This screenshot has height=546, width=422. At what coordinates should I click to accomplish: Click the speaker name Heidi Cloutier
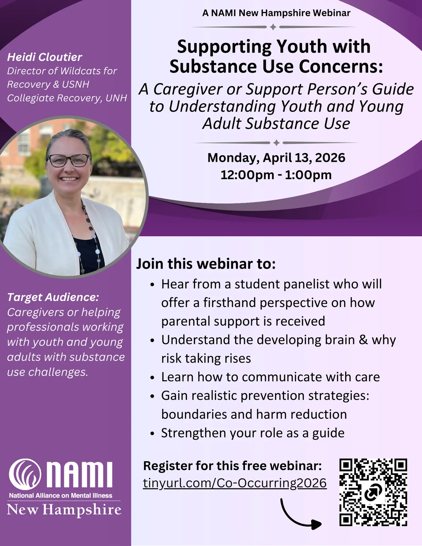[x=45, y=57]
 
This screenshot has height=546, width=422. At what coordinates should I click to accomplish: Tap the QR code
[x=373, y=492]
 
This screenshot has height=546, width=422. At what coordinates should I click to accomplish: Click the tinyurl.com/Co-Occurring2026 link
[x=235, y=483]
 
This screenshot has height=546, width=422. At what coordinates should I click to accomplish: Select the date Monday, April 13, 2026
[x=276, y=158]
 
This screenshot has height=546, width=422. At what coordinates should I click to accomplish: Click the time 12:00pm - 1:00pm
[x=276, y=175]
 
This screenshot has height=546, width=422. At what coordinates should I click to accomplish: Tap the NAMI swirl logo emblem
[x=25, y=474]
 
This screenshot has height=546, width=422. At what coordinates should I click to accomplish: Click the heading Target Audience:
[x=53, y=297]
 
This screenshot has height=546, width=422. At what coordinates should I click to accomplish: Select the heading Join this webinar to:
[x=206, y=264]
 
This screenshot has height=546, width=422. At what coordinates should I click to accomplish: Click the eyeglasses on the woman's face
[x=69, y=160]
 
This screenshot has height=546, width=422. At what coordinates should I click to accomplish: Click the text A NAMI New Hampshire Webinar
[x=276, y=13]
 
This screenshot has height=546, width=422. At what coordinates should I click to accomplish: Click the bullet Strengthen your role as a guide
[x=253, y=433]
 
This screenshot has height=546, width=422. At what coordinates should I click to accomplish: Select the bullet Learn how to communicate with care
[x=270, y=377]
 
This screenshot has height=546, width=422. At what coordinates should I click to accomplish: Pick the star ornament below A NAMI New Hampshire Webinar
[x=273, y=27]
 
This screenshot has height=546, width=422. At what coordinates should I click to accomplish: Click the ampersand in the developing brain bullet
[x=363, y=340]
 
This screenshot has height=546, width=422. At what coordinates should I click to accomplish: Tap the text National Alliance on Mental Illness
[x=61, y=495]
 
